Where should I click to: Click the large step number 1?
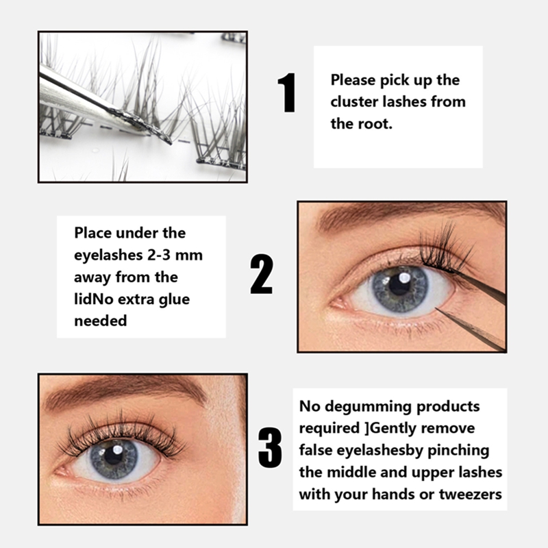[286, 93]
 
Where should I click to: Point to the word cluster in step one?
[356, 102]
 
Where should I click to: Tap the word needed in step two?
[100, 320]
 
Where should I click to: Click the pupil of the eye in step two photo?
[399, 284]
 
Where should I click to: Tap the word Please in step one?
[353, 80]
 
